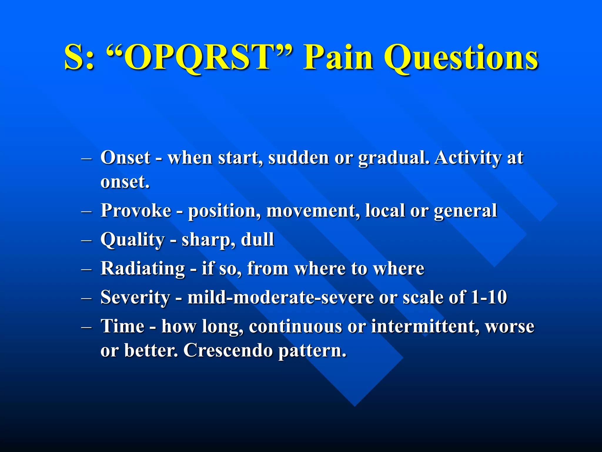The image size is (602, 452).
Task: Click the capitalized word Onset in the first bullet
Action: coord(126,158)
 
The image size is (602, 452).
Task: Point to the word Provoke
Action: coord(136,211)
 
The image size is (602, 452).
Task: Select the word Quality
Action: coord(132,240)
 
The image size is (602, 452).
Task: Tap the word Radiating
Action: coord(143,268)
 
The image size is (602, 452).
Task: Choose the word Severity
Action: coord(135,297)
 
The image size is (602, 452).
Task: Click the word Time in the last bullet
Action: coord(123,326)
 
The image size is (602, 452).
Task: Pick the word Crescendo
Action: coord(228,350)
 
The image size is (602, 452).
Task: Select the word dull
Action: coord(257,240)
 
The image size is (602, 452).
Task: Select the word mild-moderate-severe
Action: coord(281,297)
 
